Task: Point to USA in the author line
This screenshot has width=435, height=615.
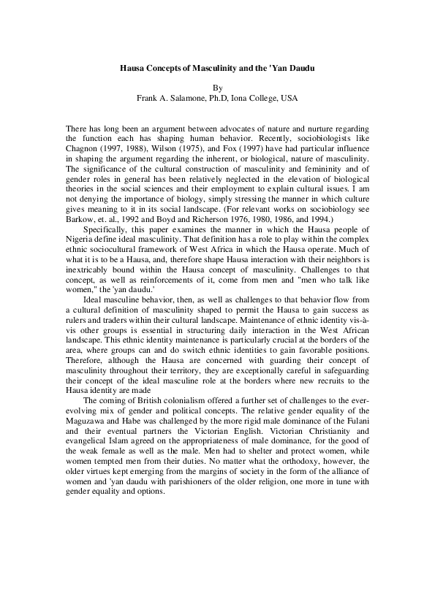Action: (x=289, y=97)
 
